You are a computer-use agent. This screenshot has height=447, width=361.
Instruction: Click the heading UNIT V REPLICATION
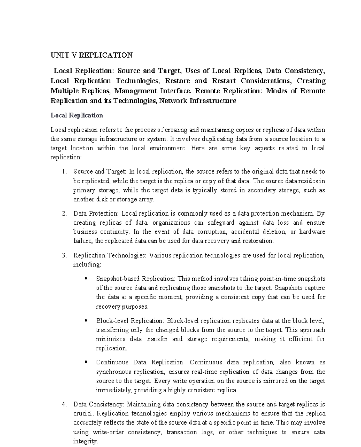91,55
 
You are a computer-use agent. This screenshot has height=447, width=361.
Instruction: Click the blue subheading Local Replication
77,115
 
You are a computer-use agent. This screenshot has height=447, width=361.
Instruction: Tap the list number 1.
64,172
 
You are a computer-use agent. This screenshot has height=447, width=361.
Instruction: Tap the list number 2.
64,213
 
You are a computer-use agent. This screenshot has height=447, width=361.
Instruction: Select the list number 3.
64,255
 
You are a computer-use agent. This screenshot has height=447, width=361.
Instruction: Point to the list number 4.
64,404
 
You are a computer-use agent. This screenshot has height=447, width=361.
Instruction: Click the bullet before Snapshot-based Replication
86,279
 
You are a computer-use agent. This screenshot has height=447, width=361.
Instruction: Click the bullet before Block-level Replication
86,321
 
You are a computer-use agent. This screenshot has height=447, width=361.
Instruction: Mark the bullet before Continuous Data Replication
86,362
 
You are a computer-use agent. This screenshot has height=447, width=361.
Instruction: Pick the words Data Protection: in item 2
96,213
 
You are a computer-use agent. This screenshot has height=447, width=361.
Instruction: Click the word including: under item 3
87,265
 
